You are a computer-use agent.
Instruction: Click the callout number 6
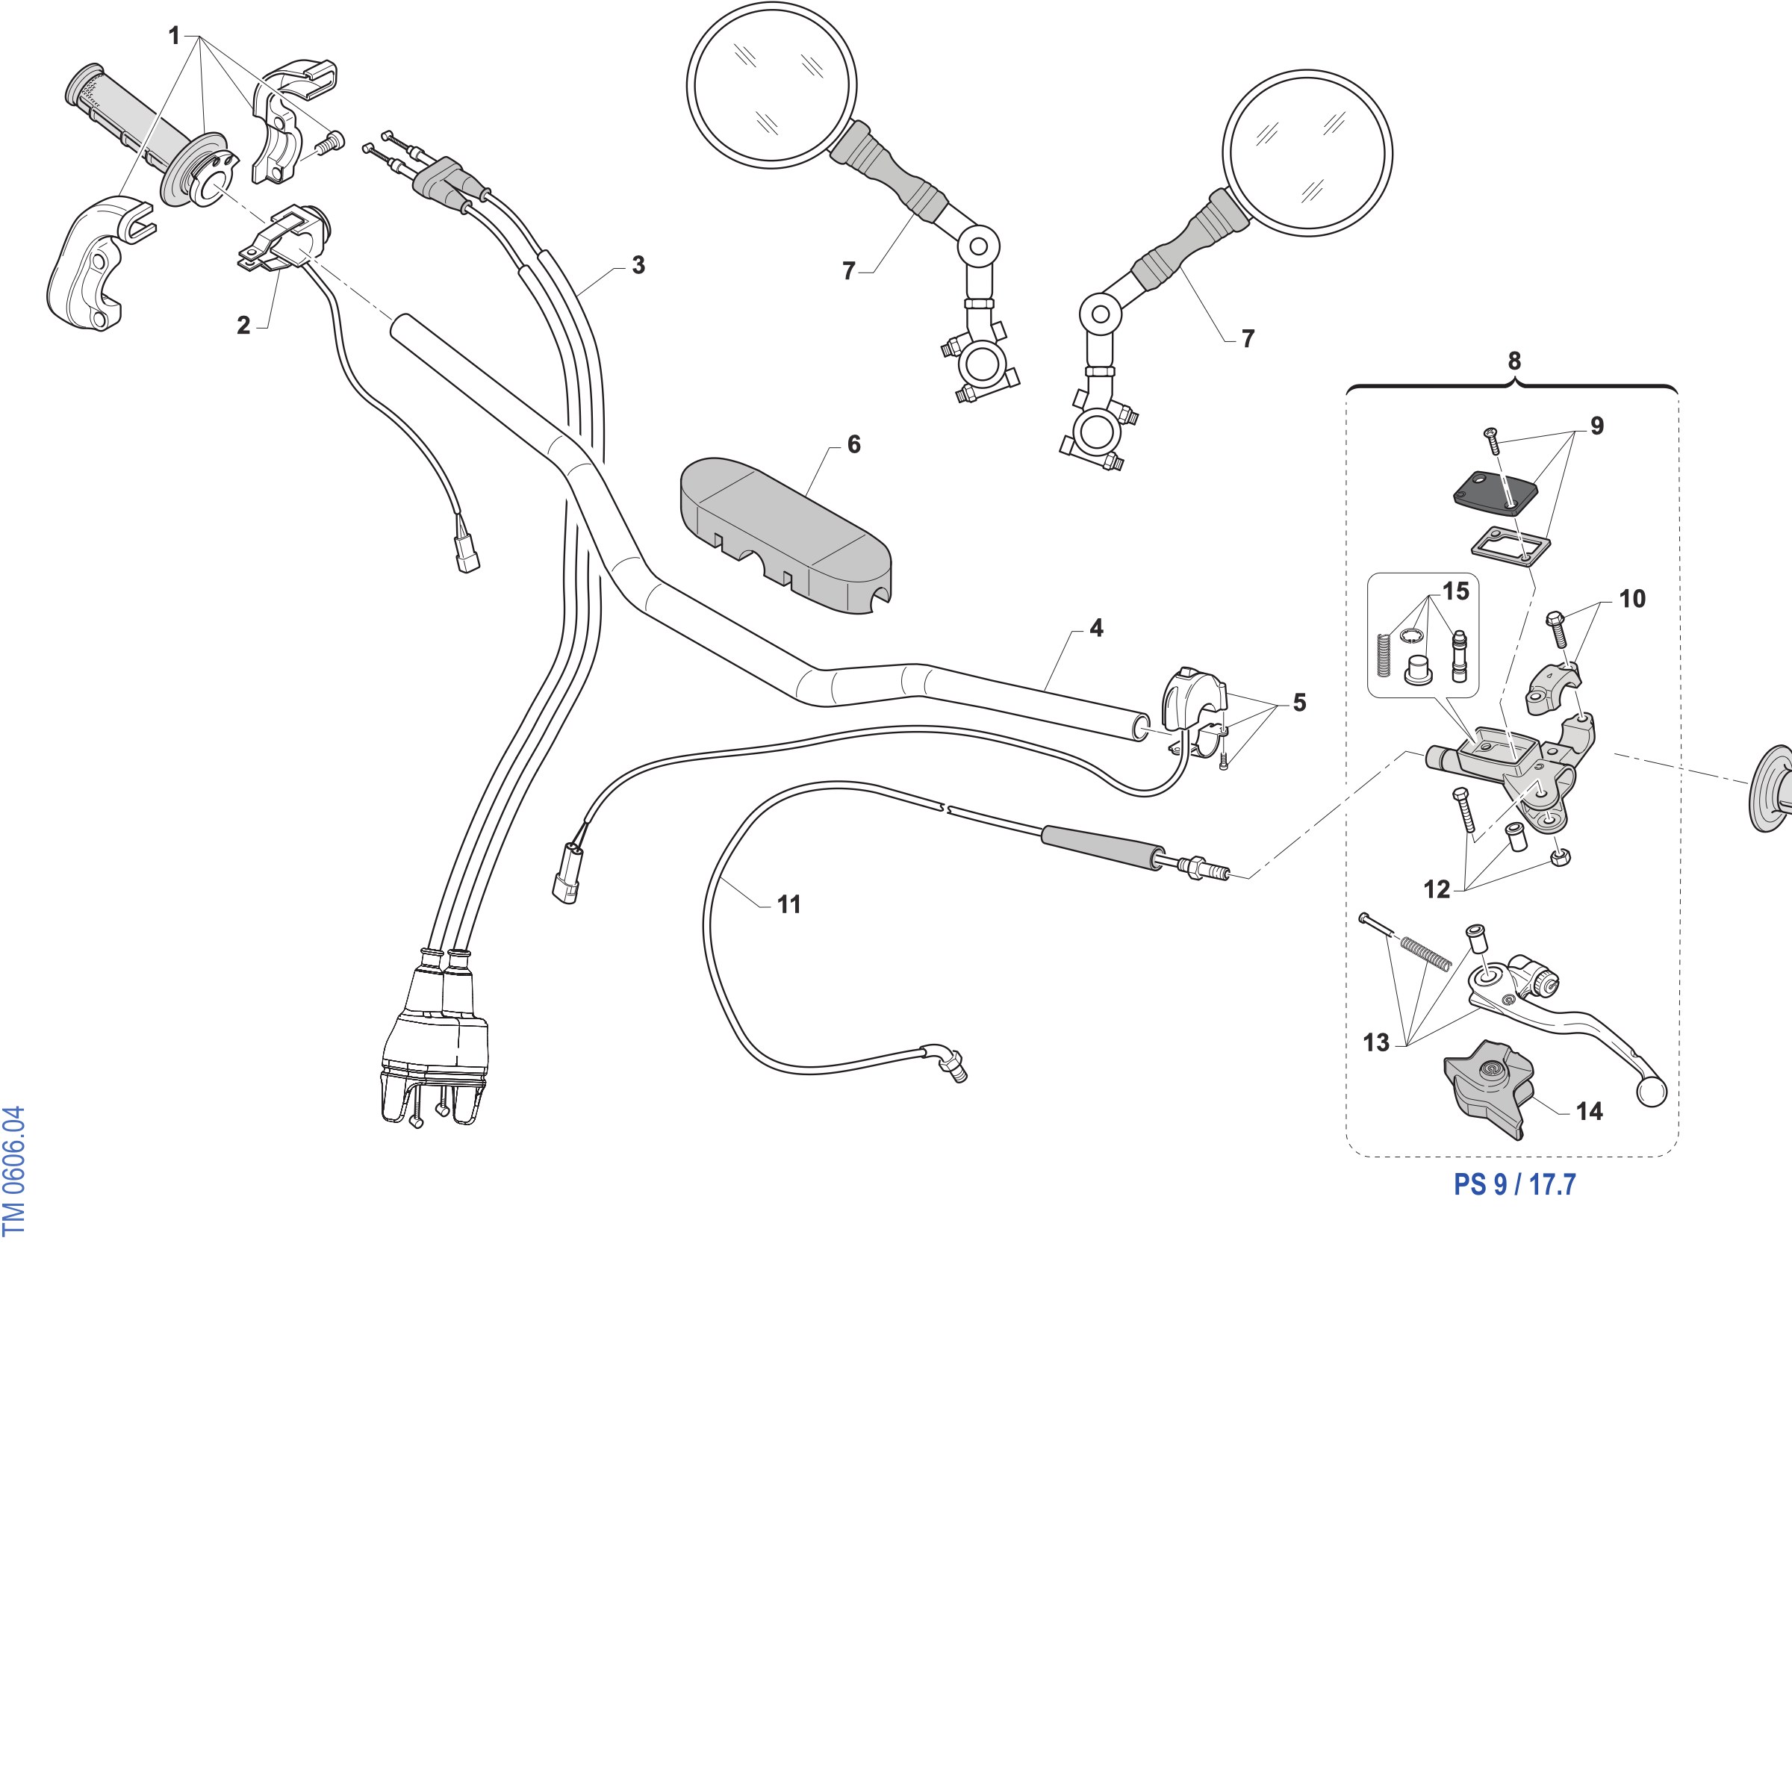point(853,444)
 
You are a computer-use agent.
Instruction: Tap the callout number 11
point(788,904)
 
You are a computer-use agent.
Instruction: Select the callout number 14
point(1589,1111)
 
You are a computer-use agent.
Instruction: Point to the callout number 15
point(1455,591)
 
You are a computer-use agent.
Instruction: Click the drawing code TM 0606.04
point(14,1171)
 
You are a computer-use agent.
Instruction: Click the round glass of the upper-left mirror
point(772,85)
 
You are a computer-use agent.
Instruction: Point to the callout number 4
point(1096,628)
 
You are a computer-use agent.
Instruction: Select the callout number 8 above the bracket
point(1513,361)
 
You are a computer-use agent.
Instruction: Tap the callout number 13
point(1375,1042)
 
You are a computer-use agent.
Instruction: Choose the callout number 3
point(638,265)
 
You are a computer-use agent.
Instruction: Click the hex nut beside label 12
point(1560,857)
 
